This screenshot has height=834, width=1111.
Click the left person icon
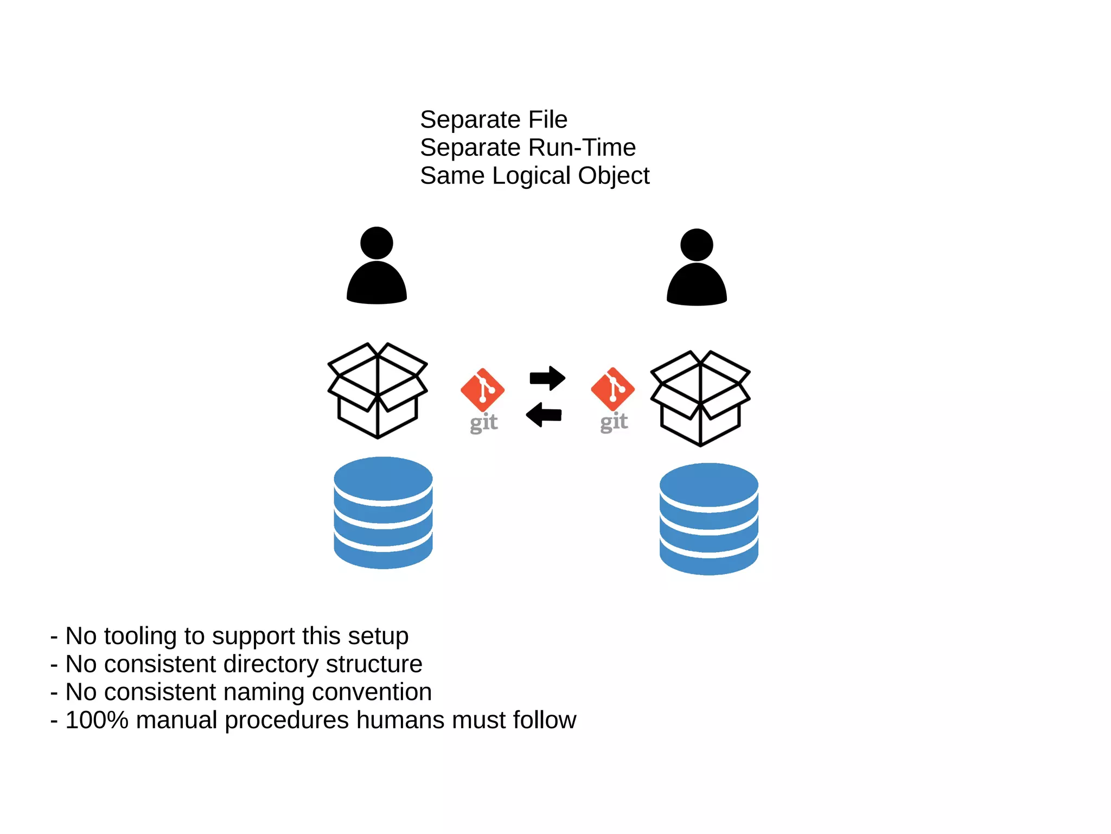(376, 269)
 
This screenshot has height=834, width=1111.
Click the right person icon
(697, 270)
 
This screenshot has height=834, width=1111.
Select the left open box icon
(378, 391)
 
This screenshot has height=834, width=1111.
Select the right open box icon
(700, 398)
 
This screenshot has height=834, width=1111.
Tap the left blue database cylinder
(383, 513)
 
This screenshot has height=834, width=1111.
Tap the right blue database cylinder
(708, 519)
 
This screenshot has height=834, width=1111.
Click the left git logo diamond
(482, 390)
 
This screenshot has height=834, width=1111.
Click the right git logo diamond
(612, 389)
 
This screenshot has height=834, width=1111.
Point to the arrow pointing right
(547, 378)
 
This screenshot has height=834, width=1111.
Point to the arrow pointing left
(544, 415)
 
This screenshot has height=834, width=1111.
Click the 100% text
(97, 720)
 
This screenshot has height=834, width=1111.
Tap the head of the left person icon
(376, 243)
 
